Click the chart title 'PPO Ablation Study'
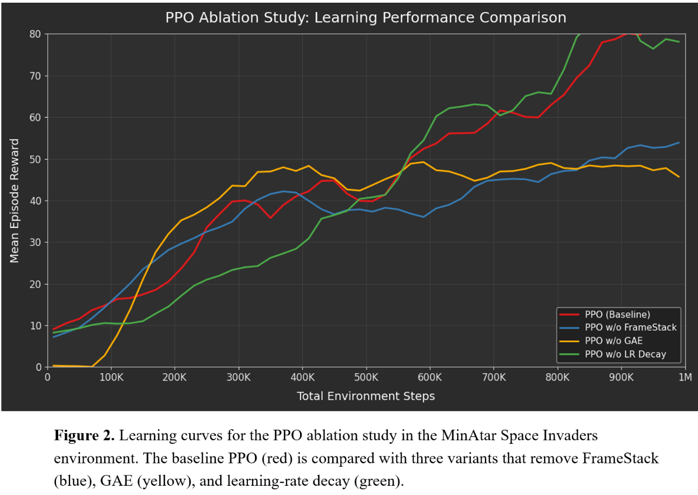click(x=365, y=17)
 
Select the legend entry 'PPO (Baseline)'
click(x=617, y=314)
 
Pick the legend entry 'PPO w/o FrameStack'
click(x=631, y=327)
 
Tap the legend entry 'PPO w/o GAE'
click(x=614, y=341)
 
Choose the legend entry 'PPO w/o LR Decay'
click(x=625, y=355)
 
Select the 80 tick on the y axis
click(x=35, y=34)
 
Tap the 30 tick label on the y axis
click(x=35, y=243)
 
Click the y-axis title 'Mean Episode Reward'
click(x=15, y=201)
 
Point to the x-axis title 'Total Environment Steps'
click(x=365, y=397)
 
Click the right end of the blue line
click(x=679, y=143)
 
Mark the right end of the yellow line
click(x=679, y=177)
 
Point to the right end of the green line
click(x=679, y=42)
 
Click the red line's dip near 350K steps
click(x=270, y=218)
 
